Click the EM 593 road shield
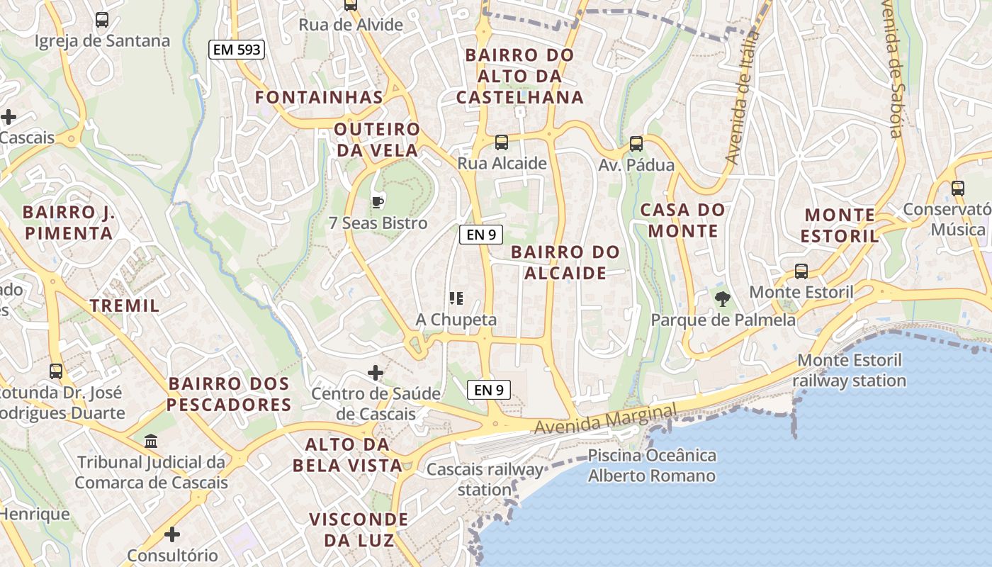click(237, 50)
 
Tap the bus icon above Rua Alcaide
click(502, 142)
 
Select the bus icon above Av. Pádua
click(636, 144)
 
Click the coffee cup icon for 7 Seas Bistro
click(378, 202)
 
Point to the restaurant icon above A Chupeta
click(456, 298)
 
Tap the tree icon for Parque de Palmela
click(722, 299)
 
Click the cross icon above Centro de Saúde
click(376, 372)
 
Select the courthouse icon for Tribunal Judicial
click(151, 442)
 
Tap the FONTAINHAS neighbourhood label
click(319, 97)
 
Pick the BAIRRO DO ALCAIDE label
click(565, 262)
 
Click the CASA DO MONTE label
click(683, 220)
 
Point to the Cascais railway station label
click(485, 479)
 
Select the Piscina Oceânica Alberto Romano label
click(652, 465)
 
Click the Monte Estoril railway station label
click(850, 370)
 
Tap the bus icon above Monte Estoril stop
click(801, 271)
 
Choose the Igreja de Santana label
click(103, 40)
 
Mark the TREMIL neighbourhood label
click(125, 305)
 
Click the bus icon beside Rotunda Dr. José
click(56, 371)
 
